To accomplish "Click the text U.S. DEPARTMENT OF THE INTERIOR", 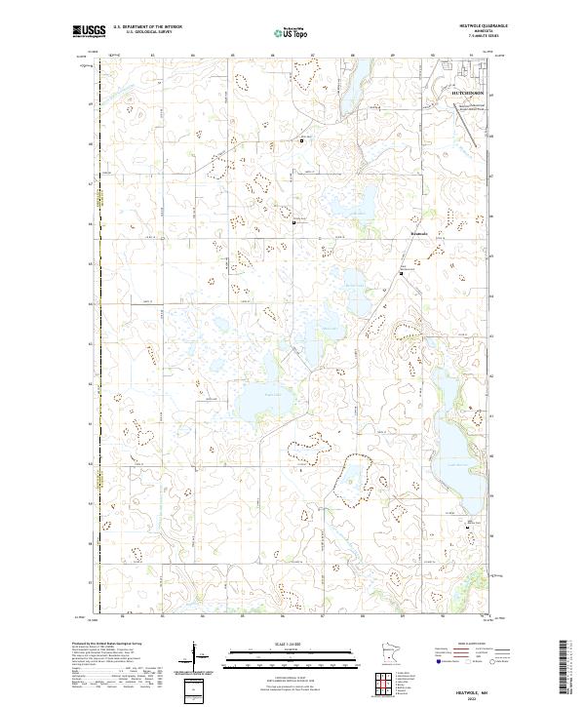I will [x=147, y=27].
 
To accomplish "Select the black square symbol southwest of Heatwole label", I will [x=401, y=274].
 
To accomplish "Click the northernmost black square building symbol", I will [x=301, y=140].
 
